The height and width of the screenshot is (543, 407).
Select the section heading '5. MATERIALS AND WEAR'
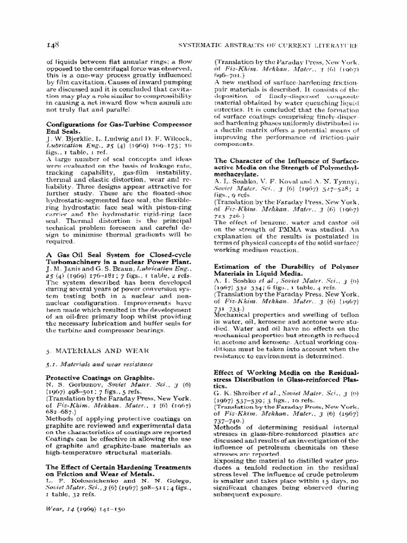click(x=90, y=351)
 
